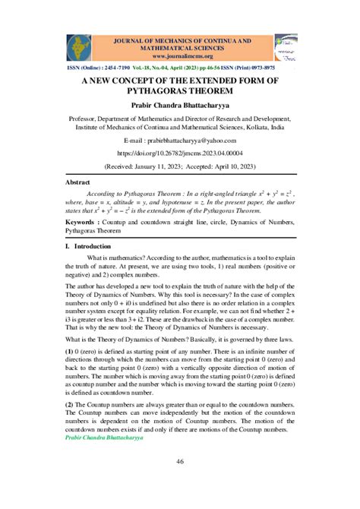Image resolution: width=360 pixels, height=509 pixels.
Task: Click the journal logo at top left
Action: click(79, 47)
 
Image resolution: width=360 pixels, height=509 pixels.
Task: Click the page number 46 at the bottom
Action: click(179, 463)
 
